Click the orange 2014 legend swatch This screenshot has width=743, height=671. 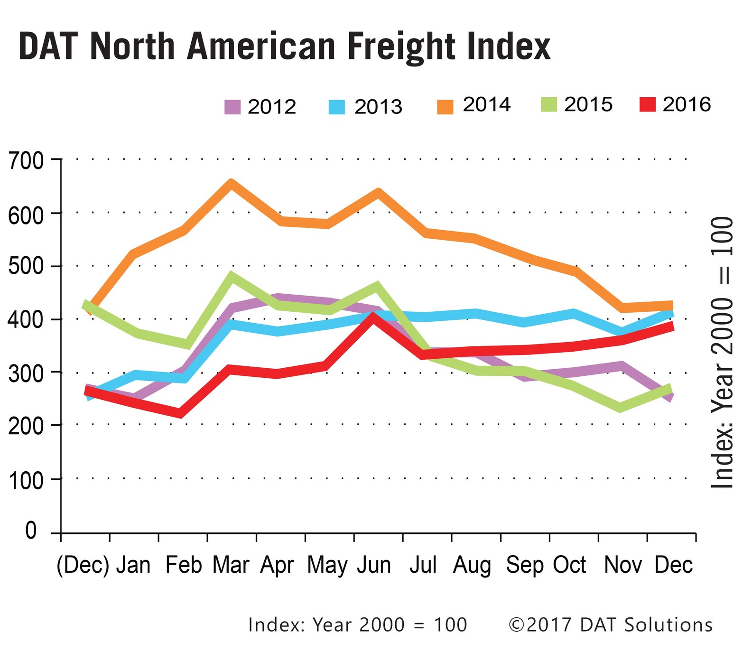445,107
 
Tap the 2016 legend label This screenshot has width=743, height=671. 686,104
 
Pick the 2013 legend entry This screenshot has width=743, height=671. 366,107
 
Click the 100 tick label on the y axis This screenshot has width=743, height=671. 26,480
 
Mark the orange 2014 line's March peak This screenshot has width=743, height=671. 231,184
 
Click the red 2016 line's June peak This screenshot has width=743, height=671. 374,317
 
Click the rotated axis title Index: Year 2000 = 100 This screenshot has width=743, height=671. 722,352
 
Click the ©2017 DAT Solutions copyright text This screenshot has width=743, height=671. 610,624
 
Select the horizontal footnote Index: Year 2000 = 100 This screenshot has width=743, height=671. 357,624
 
